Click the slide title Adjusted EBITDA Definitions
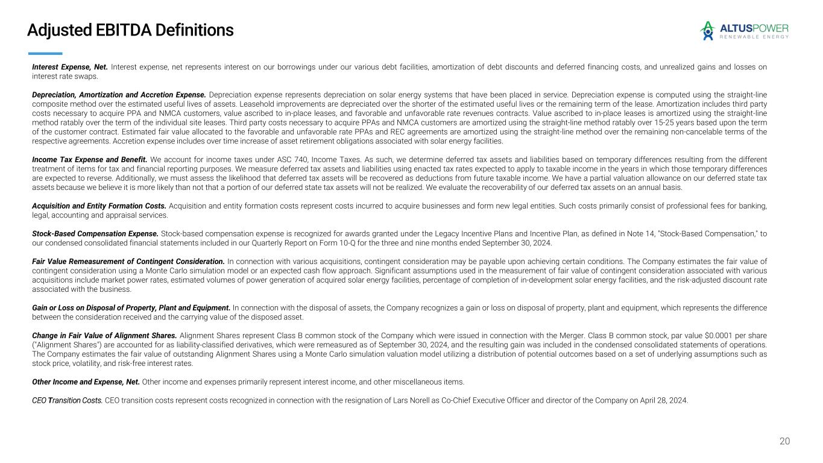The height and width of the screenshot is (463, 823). coord(130,30)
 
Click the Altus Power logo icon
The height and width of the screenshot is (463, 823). coord(707,31)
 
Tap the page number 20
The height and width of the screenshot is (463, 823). coord(784,441)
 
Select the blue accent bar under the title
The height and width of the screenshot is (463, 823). coord(45,53)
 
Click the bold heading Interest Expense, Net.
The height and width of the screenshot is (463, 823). coord(69,67)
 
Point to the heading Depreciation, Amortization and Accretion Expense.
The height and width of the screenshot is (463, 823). coord(119,95)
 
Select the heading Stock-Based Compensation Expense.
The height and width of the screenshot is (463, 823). coord(95,233)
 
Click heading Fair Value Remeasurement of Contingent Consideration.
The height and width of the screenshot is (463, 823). coord(128,261)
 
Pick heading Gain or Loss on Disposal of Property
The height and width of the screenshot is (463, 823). coord(131,307)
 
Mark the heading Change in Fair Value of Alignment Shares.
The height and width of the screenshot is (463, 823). coord(104,335)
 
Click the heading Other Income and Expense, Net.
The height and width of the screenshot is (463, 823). coord(86,382)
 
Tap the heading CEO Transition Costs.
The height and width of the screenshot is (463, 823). coord(67,400)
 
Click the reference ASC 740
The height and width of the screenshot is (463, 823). coord(288,159)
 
